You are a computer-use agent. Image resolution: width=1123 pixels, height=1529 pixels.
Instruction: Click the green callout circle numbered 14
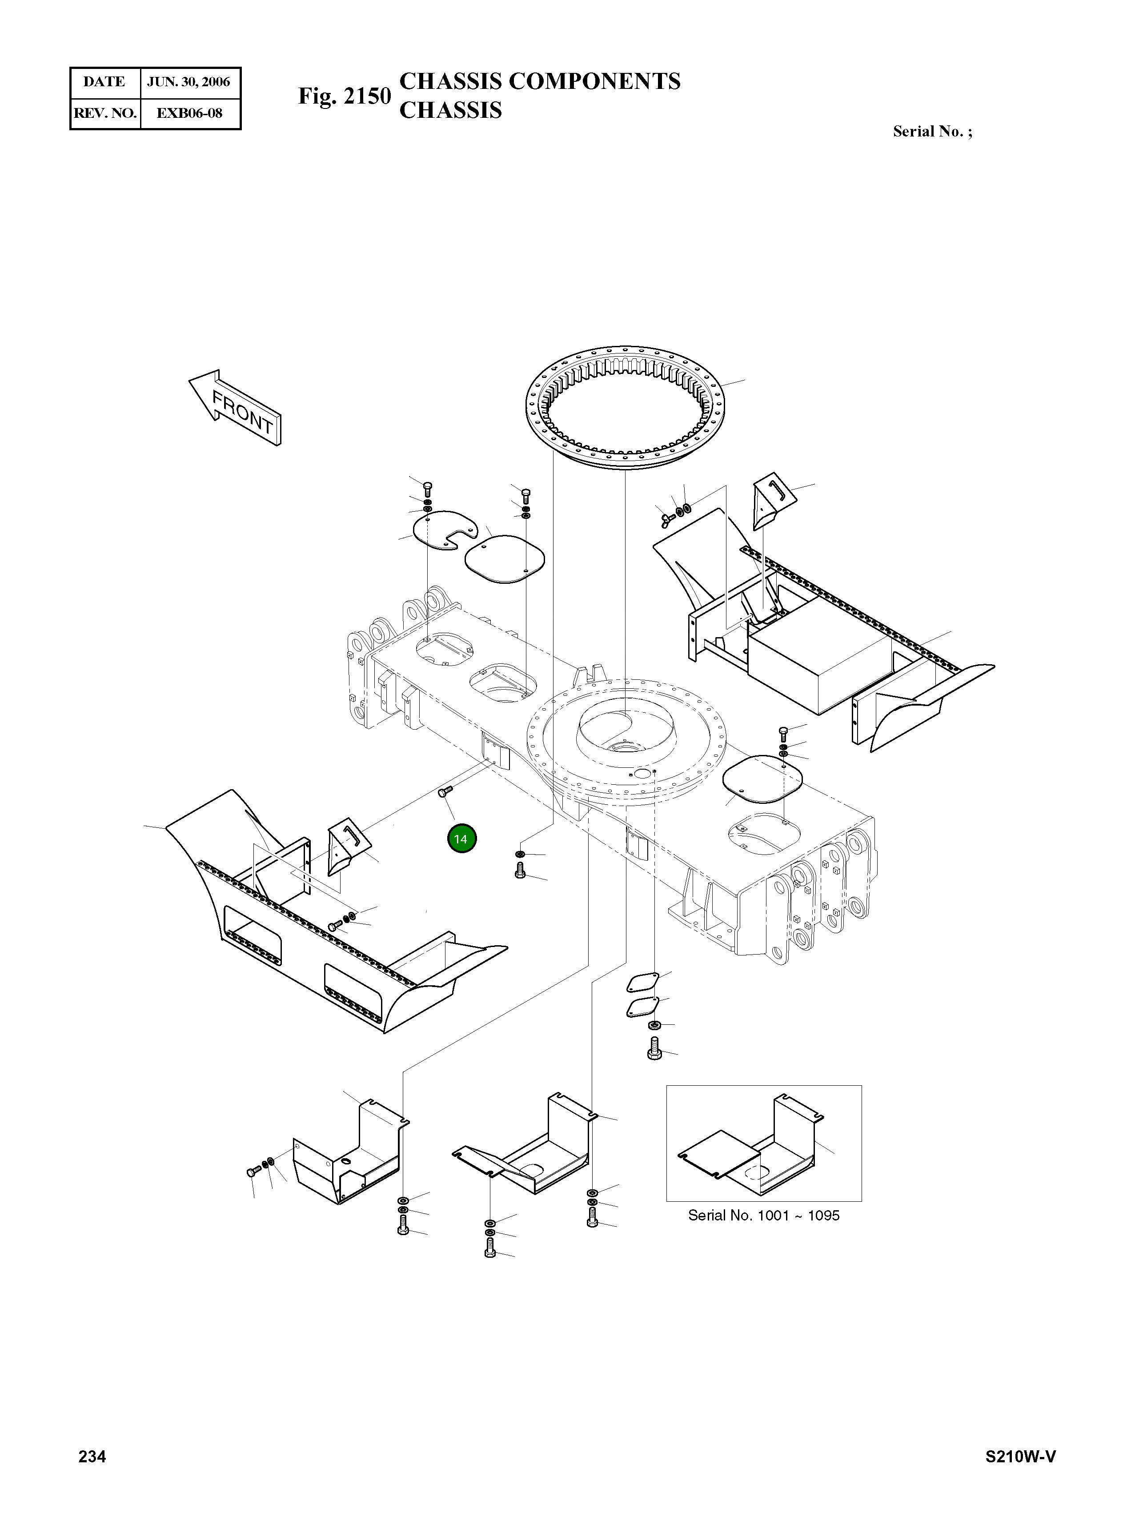tap(461, 839)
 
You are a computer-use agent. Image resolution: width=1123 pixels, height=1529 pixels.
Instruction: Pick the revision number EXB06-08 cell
tap(189, 113)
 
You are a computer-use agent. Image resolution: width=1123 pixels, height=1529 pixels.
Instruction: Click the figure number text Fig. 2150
tap(345, 96)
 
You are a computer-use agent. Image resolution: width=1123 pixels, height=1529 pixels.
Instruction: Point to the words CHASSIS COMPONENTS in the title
tap(540, 81)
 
